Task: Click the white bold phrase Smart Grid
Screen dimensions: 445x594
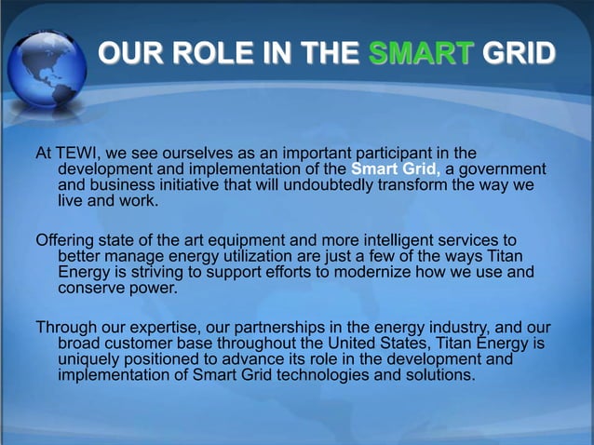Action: pos(396,169)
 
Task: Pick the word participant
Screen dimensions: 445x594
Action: pos(400,152)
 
